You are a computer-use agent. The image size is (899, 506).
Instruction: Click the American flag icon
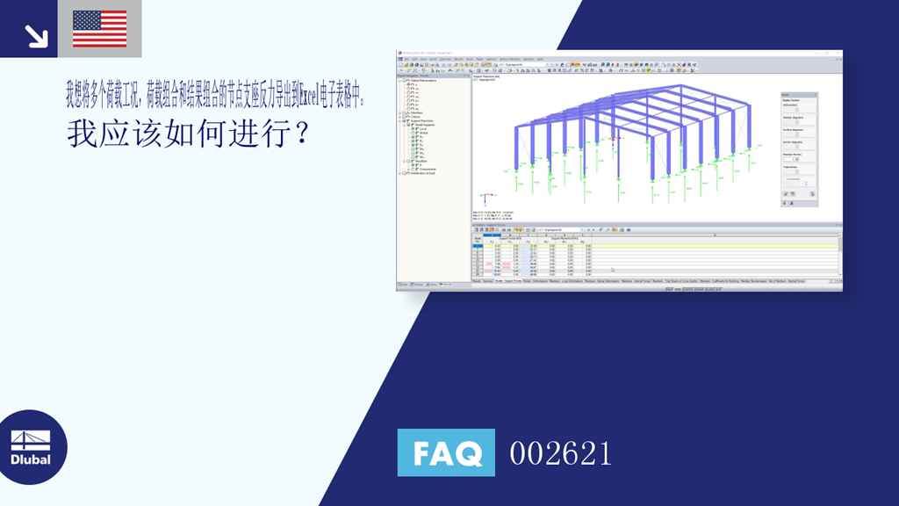pos(99,28)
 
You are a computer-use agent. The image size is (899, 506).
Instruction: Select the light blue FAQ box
pos(446,453)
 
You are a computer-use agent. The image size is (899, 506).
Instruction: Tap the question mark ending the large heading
pos(301,134)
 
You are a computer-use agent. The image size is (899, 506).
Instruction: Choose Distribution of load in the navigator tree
pos(427,173)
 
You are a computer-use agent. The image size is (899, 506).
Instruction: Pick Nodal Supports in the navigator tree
pos(425,125)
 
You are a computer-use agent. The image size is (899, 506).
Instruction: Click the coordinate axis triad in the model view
pos(485,198)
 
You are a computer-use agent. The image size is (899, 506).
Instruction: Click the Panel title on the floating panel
pos(786,93)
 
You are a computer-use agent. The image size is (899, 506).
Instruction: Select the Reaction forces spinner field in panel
pos(794,159)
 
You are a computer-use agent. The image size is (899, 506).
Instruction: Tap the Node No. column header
pos(478,238)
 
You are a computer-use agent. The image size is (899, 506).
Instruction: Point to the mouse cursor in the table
pos(612,270)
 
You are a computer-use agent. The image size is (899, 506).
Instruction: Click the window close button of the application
pos(838,54)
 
